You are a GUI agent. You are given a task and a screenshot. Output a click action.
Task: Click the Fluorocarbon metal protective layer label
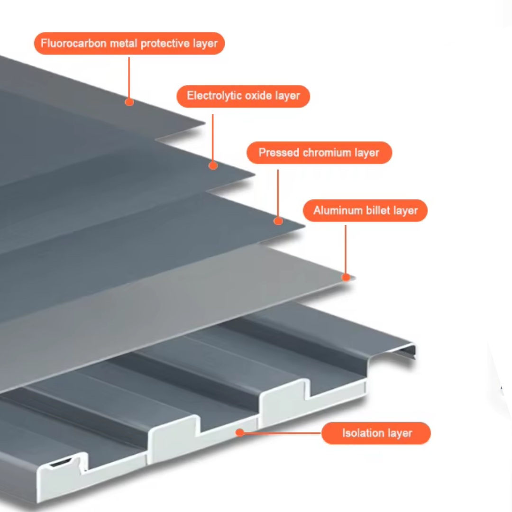(129, 44)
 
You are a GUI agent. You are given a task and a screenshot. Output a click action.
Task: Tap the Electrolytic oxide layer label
(243, 96)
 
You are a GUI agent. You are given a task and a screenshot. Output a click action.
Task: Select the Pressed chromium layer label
(319, 153)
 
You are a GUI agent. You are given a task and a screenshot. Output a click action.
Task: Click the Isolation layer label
(376, 433)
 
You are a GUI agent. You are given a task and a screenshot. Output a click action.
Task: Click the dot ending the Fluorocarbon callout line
(129, 101)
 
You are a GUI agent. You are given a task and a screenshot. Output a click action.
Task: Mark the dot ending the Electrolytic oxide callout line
(213, 165)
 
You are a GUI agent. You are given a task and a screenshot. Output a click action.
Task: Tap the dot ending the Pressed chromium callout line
(278, 220)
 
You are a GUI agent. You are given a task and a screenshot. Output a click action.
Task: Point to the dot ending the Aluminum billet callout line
(346, 277)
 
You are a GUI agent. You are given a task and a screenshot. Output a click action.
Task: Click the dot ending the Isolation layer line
(240, 432)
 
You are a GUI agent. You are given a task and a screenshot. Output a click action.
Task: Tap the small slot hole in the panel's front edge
(62, 462)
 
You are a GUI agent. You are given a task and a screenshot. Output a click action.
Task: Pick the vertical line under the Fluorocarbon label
(129, 78)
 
